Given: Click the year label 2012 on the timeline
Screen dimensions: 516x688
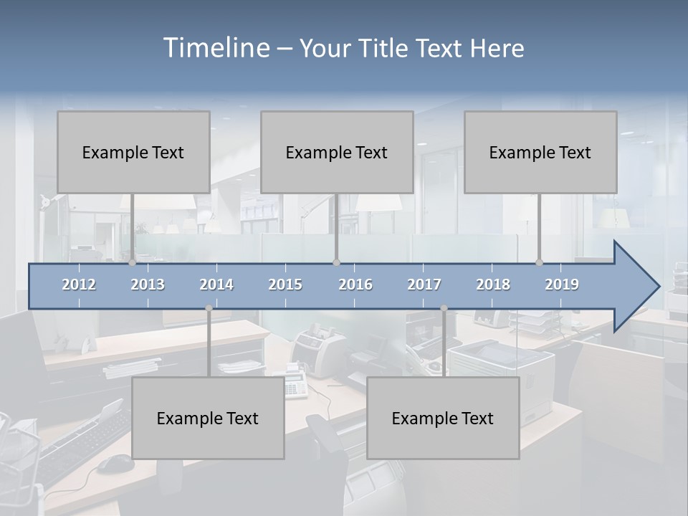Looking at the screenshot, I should (x=79, y=285).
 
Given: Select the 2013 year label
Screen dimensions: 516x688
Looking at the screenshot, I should (x=148, y=285).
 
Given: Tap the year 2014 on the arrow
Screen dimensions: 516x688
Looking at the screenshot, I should (x=216, y=285).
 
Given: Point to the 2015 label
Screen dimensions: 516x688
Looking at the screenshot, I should (x=285, y=285).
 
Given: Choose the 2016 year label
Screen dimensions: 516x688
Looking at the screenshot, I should (x=355, y=285).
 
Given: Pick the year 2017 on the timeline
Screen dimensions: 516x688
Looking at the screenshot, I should (x=424, y=285).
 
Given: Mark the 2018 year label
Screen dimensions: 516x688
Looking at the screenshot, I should (x=493, y=285).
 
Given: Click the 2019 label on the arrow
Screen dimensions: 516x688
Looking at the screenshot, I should (x=562, y=285).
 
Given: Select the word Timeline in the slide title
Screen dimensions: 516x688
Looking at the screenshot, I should (x=216, y=48).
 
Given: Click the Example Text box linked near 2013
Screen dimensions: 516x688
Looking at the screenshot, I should (x=133, y=152).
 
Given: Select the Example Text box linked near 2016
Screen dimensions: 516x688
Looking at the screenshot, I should (x=337, y=152).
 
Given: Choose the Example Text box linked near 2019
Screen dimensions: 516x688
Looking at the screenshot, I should (x=540, y=152).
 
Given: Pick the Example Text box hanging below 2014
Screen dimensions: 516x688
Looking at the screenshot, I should (x=208, y=418).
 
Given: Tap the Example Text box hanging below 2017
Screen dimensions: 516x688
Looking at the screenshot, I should (x=443, y=418).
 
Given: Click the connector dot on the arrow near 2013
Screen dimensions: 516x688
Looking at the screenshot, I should (x=133, y=263).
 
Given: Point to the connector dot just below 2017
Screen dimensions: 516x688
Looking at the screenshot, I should (x=444, y=308).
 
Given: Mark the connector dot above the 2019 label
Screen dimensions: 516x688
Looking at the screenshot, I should (x=540, y=263).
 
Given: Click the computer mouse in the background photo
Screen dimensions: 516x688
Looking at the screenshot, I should (x=115, y=464).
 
